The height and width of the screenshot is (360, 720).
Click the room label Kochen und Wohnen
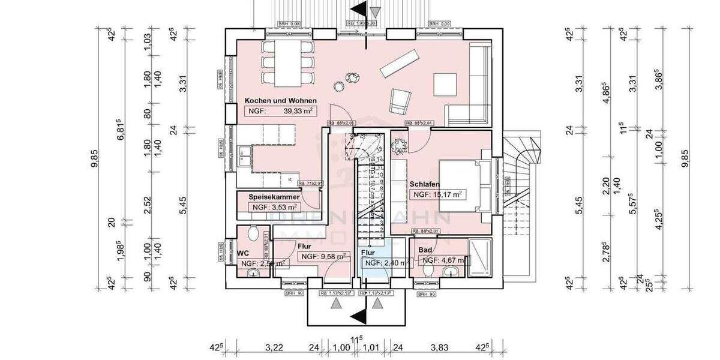click(280, 101)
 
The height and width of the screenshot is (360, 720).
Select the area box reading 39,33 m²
click(281, 111)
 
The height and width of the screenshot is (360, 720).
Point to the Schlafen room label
click(426, 184)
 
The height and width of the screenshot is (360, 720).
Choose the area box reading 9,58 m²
click(325, 256)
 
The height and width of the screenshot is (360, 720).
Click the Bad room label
click(425, 249)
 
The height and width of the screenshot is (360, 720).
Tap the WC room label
click(243, 253)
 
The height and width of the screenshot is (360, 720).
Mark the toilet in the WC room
click(252, 234)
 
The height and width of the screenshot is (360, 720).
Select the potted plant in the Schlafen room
click(398, 146)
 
